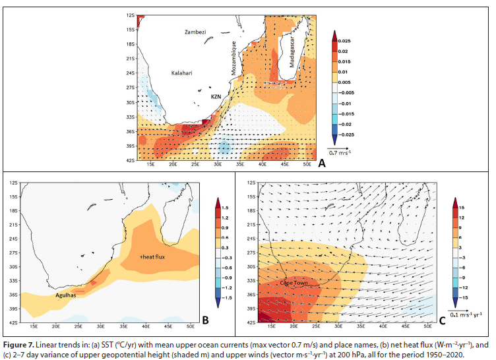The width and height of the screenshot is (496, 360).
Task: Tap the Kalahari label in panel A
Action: point(182,73)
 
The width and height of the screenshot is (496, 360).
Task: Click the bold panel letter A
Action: point(322,162)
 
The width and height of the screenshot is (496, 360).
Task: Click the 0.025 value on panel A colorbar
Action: point(349,40)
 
